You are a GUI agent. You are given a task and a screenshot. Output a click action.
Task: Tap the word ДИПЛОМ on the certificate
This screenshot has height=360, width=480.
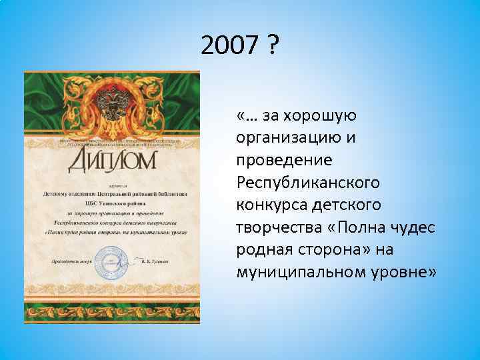(x=111, y=160)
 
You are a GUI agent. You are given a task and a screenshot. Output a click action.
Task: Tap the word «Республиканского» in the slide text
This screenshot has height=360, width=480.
(x=307, y=182)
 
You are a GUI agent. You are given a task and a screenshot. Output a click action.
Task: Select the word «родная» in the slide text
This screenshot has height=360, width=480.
(x=262, y=250)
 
